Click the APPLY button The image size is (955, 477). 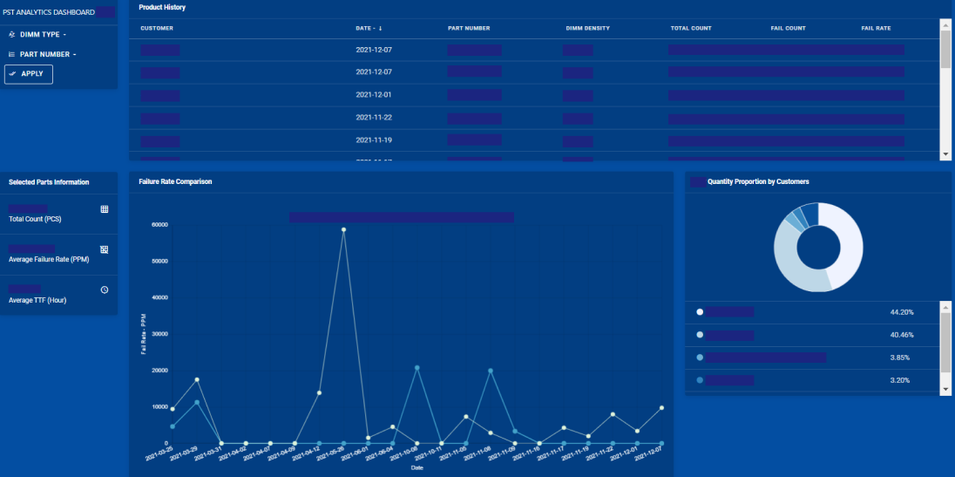tap(29, 74)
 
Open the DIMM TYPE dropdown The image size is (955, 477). tap(40, 35)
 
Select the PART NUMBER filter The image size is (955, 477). tap(44, 54)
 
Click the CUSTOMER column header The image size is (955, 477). tap(157, 28)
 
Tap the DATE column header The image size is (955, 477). tap(369, 28)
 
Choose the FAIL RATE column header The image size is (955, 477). tap(876, 28)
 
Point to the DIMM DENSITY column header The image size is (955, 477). tap(587, 28)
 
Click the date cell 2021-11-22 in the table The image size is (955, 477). tap(374, 117)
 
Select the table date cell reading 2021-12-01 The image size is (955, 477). tap(374, 94)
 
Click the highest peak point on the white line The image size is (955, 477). tap(343, 229)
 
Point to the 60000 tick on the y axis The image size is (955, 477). tap(159, 224)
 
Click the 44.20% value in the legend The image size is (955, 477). tap(901, 312)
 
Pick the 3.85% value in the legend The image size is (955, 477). tap(901, 358)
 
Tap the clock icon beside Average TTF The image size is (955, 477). tap(105, 290)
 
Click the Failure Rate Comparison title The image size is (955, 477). tap(175, 181)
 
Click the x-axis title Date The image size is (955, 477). tap(417, 467)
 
